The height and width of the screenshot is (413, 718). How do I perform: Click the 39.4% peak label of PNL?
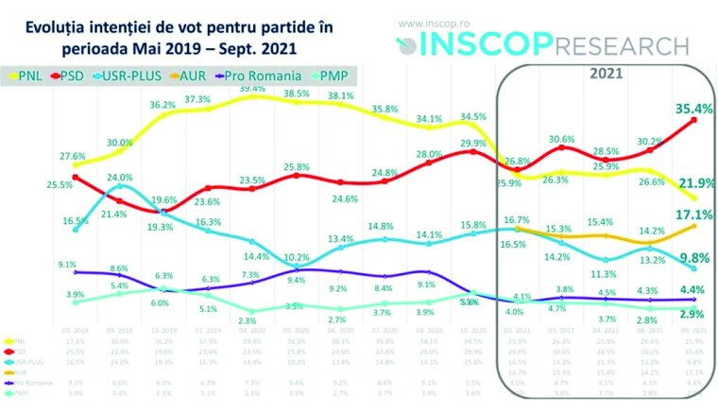[252, 87]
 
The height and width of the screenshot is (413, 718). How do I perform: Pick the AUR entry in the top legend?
[190, 75]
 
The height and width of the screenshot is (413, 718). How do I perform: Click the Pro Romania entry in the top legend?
[250, 75]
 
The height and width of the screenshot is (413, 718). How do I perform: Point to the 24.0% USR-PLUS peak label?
[119, 177]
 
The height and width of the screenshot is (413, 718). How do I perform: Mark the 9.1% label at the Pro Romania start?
[67, 265]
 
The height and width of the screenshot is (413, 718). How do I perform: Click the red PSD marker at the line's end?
[696, 120]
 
